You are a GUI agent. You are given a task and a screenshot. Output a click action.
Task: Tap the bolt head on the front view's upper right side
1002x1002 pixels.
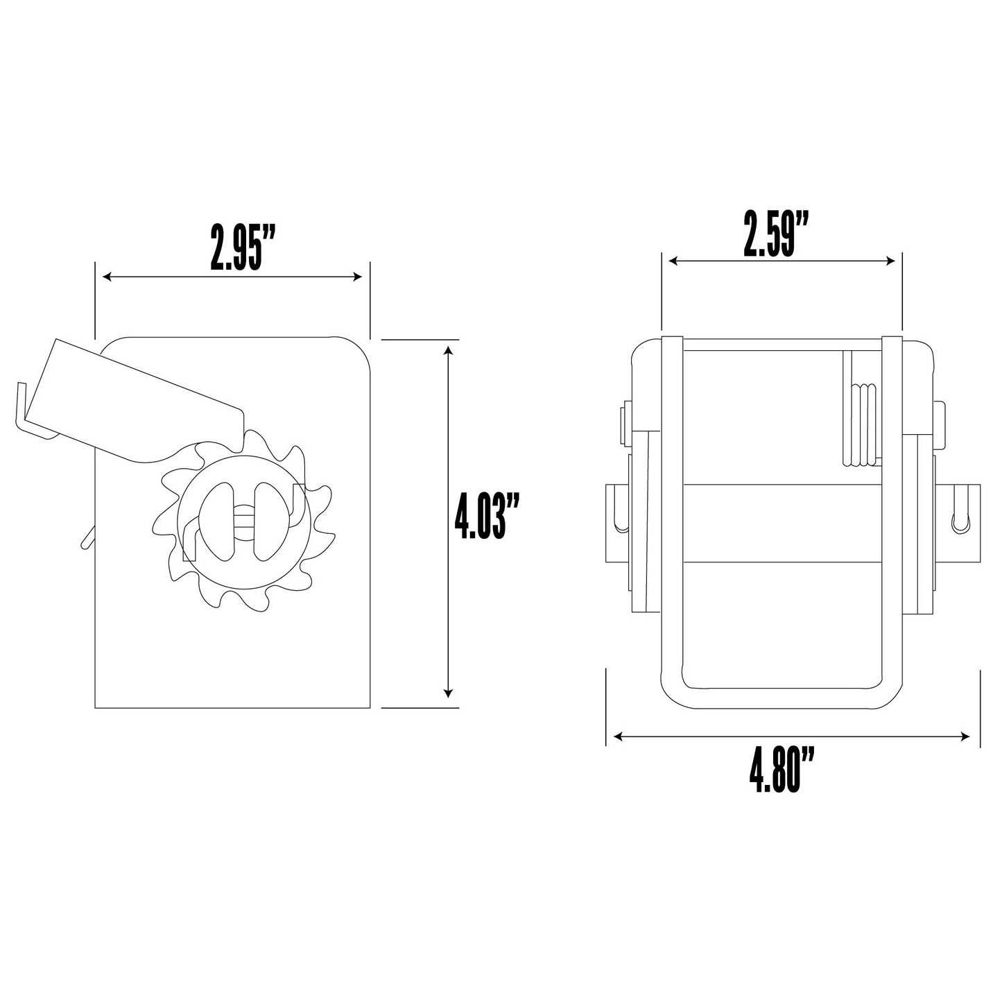(x=940, y=422)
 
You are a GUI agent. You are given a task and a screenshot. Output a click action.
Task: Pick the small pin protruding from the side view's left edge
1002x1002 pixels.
(x=87, y=537)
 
